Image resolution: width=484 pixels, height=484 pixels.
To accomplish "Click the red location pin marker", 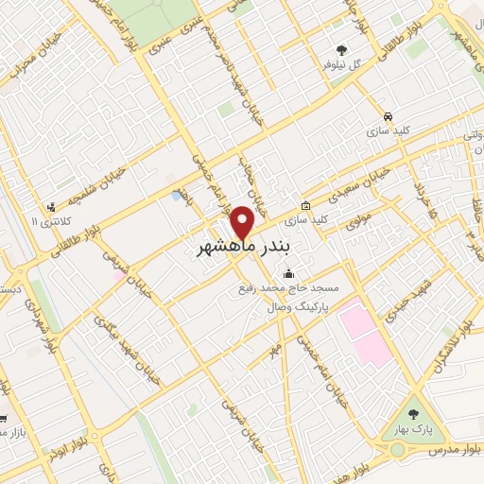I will [244, 223].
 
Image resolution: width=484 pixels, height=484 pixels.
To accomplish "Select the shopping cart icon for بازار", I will [4, 418].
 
